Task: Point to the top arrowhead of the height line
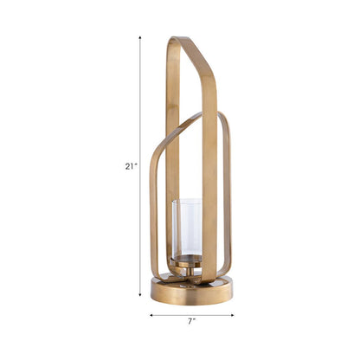point(140,39)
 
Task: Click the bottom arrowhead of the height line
point(140,295)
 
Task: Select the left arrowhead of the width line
point(151,315)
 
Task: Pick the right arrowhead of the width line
point(232,315)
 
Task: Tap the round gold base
point(191,291)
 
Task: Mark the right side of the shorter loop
point(228,199)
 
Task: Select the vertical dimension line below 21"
point(140,234)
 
